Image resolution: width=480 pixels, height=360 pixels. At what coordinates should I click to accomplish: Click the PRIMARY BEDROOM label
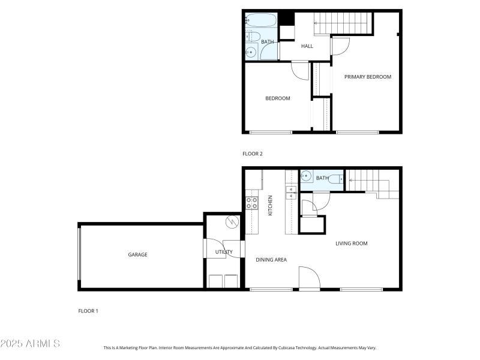pyautogui.click(x=367, y=77)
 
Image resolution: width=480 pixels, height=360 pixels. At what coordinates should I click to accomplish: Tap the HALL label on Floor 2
pyautogui.click(x=307, y=46)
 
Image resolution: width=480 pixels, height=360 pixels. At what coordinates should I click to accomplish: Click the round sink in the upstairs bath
pyautogui.click(x=251, y=52)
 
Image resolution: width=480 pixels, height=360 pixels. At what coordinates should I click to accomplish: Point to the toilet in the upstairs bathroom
pyautogui.click(x=250, y=37)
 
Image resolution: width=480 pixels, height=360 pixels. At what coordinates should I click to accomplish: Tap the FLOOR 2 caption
pyautogui.click(x=252, y=154)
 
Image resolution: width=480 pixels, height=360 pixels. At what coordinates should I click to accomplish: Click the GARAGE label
pyautogui.click(x=137, y=254)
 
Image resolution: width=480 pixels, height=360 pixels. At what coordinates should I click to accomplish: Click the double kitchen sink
pyautogui.click(x=291, y=192)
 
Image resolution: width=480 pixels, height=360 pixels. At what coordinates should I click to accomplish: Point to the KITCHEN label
pyautogui.click(x=271, y=206)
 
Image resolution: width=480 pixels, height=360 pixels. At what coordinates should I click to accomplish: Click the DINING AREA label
pyautogui.click(x=271, y=260)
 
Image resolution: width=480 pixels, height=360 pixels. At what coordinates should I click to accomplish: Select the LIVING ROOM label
pyautogui.click(x=351, y=243)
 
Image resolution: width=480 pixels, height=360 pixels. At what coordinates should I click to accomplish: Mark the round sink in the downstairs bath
pyautogui.click(x=306, y=177)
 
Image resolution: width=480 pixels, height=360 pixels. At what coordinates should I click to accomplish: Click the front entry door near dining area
pyautogui.click(x=310, y=278)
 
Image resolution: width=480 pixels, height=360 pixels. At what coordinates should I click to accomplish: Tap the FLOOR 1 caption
pyautogui.click(x=88, y=311)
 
